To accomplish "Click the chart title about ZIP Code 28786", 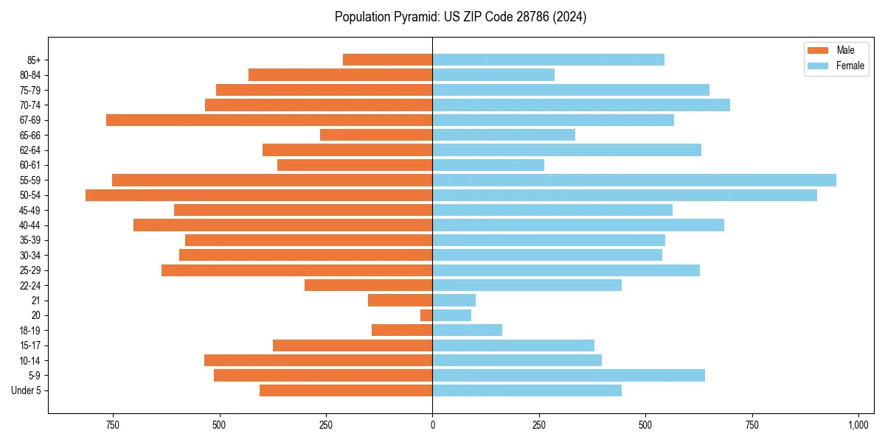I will (x=460, y=17).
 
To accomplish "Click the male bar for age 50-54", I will (x=259, y=195).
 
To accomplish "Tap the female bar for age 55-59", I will (x=634, y=180).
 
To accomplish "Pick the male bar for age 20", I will (x=426, y=315).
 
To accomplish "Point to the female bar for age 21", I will (x=454, y=300).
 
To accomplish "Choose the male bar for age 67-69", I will (x=269, y=120).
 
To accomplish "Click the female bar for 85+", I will (x=548, y=60).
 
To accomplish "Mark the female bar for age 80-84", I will (x=493, y=74).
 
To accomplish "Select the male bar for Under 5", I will (x=346, y=390).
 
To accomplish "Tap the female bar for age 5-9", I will (x=569, y=376).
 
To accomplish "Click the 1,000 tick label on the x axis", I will (x=858, y=426).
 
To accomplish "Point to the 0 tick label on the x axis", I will (x=432, y=426).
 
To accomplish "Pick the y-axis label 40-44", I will (x=30, y=225).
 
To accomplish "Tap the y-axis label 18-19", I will (x=30, y=331).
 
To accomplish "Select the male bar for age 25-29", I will (x=296, y=270).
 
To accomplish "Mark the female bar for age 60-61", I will (x=488, y=165).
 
